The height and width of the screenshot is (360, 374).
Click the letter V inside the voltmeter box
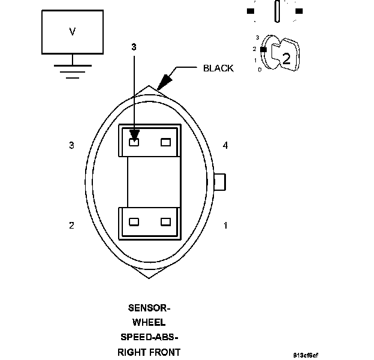point(73,31)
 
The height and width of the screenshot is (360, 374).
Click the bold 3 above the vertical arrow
point(134,46)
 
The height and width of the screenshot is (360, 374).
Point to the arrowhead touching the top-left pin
point(134,134)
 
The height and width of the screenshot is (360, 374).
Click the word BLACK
point(218,68)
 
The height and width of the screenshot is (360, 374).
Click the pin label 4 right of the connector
point(225,145)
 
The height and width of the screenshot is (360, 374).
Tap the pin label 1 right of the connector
point(225,226)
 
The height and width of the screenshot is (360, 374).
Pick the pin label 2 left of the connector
point(72,226)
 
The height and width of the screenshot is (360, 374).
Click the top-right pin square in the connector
point(166,142)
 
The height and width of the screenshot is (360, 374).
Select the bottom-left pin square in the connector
point(134,221)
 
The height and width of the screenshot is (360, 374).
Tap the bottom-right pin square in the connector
point(166,221)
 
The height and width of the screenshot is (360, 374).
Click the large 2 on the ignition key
point(286,58)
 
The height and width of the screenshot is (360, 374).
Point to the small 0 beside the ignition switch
point(259,70)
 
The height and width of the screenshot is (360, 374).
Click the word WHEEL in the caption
point(149,323)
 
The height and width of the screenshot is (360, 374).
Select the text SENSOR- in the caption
point(149,308)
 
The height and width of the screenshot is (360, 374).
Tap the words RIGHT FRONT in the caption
point(149,352)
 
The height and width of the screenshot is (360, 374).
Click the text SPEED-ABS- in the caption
point(149,337)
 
